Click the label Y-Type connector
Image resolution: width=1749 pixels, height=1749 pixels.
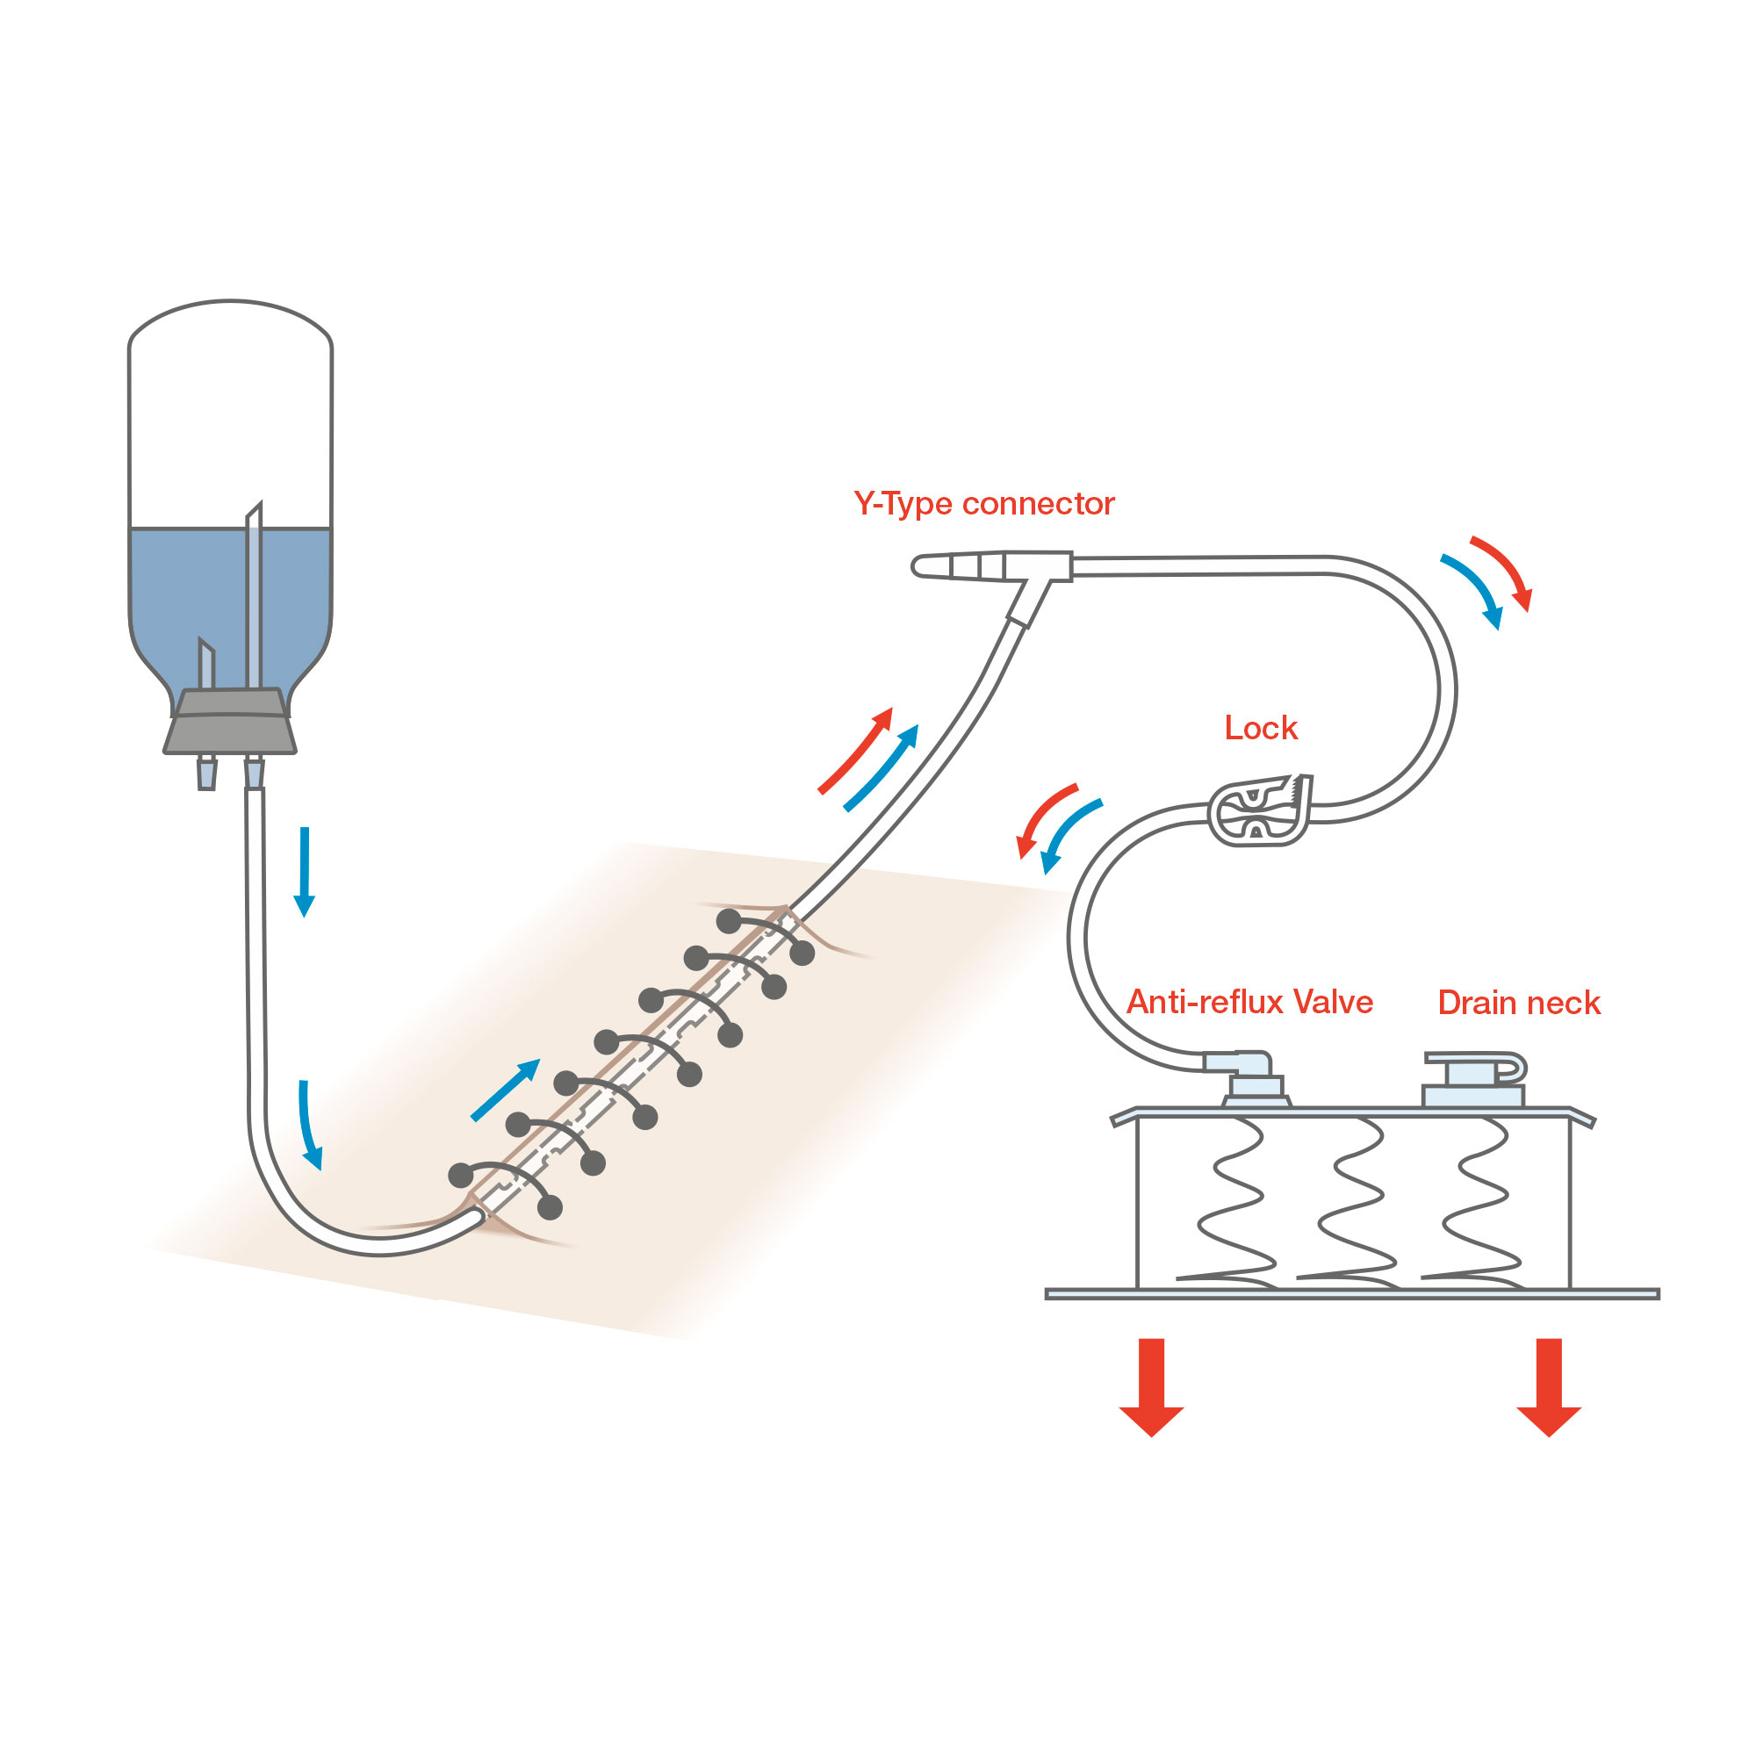coord(983,503)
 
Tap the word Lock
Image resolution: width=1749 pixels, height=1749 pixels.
coord(1260,728)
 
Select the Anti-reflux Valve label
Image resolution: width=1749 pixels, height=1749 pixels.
coord(1249,1002)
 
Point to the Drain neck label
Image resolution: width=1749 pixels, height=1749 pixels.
coord(1518,1003)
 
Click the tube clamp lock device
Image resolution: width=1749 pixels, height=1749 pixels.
coord(1259,810)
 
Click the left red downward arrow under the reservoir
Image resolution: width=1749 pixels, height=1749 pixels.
coord(1152,1386)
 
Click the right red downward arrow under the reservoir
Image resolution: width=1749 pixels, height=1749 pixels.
coord(1549,1386)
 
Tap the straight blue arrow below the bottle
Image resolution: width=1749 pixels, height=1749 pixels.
coord(304,870)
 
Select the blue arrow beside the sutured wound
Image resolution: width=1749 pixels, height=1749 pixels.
coord(505,1090)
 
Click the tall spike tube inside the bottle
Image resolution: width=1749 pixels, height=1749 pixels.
coord(255,597)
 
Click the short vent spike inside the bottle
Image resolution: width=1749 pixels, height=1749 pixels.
coord(206,666)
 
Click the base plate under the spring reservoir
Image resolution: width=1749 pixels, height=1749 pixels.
coord(1351,1293)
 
